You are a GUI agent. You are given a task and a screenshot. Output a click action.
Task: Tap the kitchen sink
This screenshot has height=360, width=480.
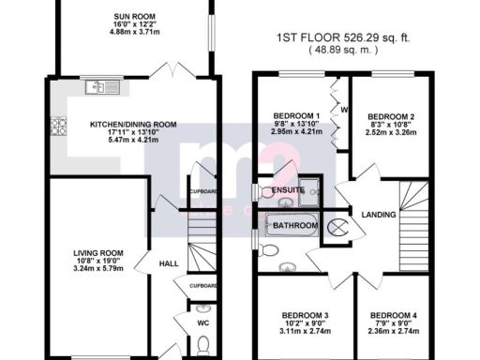(x=97, y=87)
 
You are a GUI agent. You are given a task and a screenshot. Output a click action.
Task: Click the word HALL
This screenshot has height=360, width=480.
(x=168, y=263)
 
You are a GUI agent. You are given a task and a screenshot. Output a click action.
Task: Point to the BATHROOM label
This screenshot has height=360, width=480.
(x=292, y=226)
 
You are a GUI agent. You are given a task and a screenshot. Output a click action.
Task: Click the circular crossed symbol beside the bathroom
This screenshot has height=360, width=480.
(x=335, y=227)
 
